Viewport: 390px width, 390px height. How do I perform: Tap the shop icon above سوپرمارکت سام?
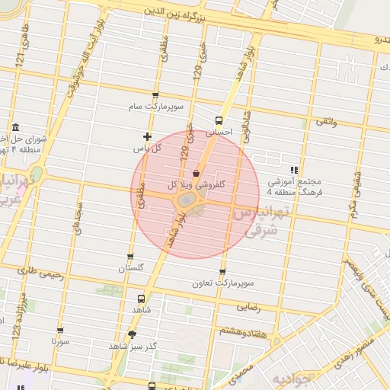coord(156,96)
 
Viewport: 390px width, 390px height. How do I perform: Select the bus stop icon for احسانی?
coord(219,120)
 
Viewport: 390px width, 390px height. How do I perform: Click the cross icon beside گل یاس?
coord(147,136)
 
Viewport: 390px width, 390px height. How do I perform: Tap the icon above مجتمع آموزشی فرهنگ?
coord(295,170)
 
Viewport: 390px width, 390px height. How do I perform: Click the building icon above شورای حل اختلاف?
coord(16,128)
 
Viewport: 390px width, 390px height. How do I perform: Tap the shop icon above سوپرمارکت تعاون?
coord(222,271)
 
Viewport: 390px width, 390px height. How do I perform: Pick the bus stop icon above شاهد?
coord(140,299)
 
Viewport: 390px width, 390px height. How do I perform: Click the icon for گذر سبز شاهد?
coord(133,334)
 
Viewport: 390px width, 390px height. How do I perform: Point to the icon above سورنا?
coord(60,331)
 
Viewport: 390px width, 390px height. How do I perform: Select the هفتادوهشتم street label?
coord(242,331)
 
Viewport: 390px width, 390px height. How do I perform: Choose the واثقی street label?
coord(324,122)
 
